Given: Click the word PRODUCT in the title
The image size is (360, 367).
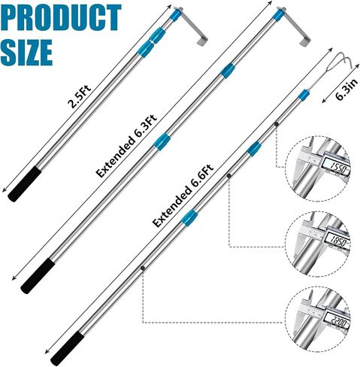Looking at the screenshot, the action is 62,17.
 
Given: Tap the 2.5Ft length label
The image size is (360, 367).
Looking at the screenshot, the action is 80,96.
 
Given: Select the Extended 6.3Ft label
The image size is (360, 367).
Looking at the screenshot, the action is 126,146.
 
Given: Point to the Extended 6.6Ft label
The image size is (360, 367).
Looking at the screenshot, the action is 183,196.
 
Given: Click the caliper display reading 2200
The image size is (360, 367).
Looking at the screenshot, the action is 337,322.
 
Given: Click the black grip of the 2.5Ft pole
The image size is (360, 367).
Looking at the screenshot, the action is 24,185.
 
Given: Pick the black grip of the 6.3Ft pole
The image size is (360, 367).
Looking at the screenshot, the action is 38,276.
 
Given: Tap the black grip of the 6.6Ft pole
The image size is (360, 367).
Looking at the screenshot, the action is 67,349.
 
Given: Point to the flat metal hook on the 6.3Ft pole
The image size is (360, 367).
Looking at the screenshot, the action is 295,27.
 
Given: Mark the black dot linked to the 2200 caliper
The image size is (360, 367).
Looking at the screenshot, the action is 143,268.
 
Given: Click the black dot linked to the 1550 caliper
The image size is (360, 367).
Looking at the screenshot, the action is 277,124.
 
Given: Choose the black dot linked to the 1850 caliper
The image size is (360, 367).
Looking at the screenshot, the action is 228,176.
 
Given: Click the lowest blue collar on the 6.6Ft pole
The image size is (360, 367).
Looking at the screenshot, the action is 189,217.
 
